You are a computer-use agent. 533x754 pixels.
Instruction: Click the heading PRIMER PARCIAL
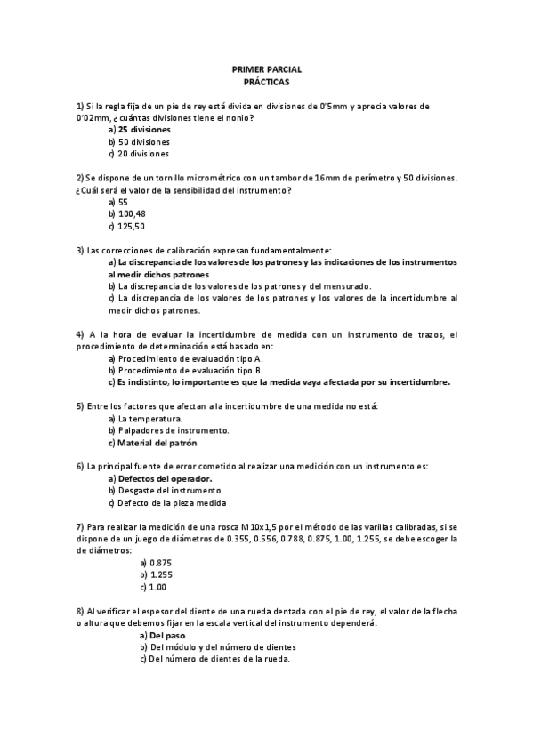[x=266, y=68]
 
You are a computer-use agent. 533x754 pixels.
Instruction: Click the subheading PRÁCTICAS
[x=266, y=80]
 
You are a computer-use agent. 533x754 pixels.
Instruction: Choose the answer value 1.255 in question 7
[x=161, y=575]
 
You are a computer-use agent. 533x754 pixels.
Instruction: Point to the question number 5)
[x=80, y=406]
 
